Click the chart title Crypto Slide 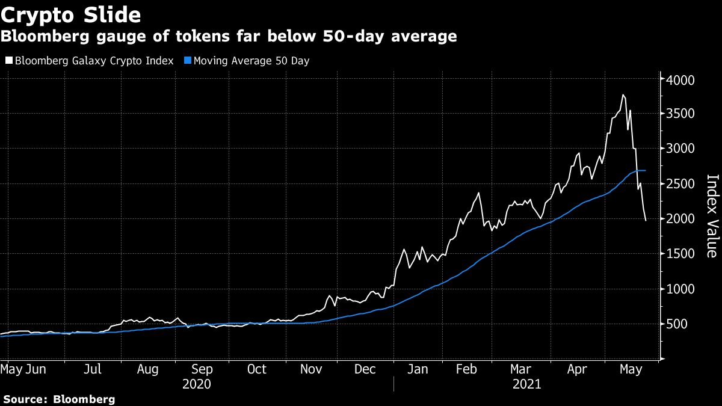pos(71,14)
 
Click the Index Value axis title pos(711,216)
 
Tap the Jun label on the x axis pos(35,369)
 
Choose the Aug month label pos(148,369)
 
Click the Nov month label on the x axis pos(312,369)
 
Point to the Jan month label pos(418,369)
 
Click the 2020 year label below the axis pos(197,384)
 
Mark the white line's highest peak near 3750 pos(623,94)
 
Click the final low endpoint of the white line pos(646,221)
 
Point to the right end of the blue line pos(645,171)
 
